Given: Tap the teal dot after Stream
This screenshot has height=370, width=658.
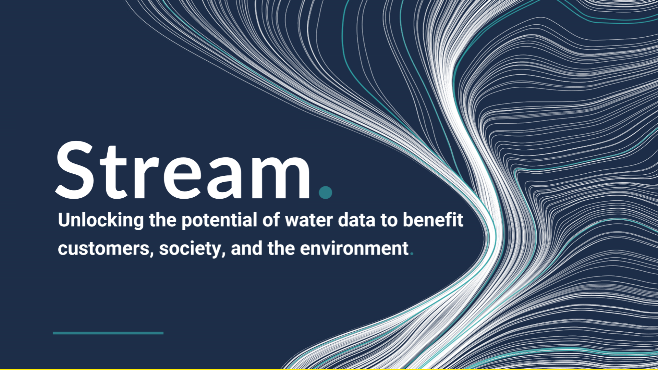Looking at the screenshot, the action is (x=325, y=192).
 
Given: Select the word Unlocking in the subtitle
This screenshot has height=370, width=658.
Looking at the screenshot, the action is (x=101, y=220).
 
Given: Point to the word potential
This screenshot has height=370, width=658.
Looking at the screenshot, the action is (x=219, y=220).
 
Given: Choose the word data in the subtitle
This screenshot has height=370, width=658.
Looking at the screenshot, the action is (x=356, y=220).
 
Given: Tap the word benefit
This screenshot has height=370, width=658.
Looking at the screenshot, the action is (x=433, y=220).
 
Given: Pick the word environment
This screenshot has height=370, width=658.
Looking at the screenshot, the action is (x=354, y=249).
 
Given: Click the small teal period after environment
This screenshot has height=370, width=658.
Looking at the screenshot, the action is (x=412, y=254).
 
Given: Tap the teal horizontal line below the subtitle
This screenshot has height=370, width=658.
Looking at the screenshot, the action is (x=108, y=333).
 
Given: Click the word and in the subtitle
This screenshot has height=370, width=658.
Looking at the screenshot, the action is (x=247, y=248).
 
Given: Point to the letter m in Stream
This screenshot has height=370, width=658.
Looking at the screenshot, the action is (x=281, y=177).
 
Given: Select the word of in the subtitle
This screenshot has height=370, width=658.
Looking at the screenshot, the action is (x=271, y=220).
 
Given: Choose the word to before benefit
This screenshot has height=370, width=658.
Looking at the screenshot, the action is (x=389, y=220).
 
